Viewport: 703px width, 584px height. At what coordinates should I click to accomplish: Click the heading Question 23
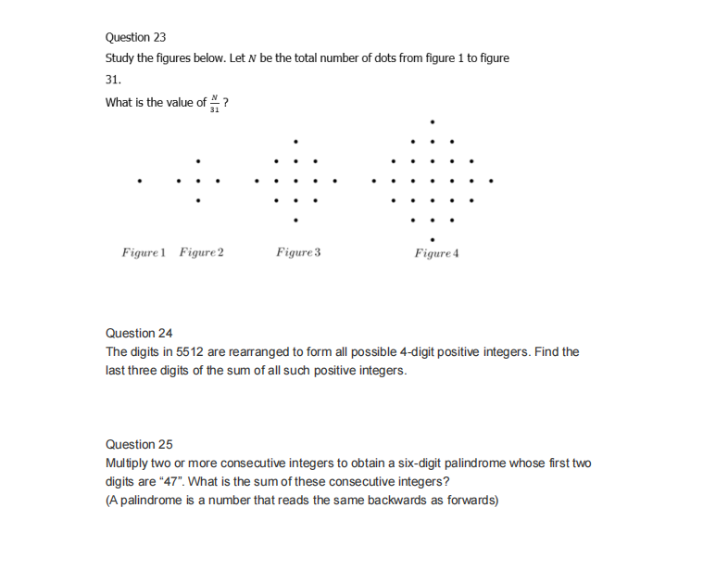tap(135, 38)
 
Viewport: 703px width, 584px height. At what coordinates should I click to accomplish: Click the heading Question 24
tap(139, 333)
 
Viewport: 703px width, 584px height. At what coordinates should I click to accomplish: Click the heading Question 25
tap(139, 444)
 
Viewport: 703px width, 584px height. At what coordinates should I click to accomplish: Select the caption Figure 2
tap(202, 252)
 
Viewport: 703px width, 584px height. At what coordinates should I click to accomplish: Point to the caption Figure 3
tap(298, 252)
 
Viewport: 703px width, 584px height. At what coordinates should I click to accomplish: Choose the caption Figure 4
tap(437, 252)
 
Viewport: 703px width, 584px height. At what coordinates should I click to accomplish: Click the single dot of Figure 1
tap(140, 181)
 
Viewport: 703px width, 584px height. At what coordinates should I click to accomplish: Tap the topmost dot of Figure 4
tap(433, 121)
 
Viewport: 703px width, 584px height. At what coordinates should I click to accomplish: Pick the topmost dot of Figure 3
tap(295, 141)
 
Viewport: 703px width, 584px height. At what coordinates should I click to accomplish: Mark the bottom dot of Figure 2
tap(197, 200)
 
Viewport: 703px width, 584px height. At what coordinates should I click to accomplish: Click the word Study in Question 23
tap(120, 58)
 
